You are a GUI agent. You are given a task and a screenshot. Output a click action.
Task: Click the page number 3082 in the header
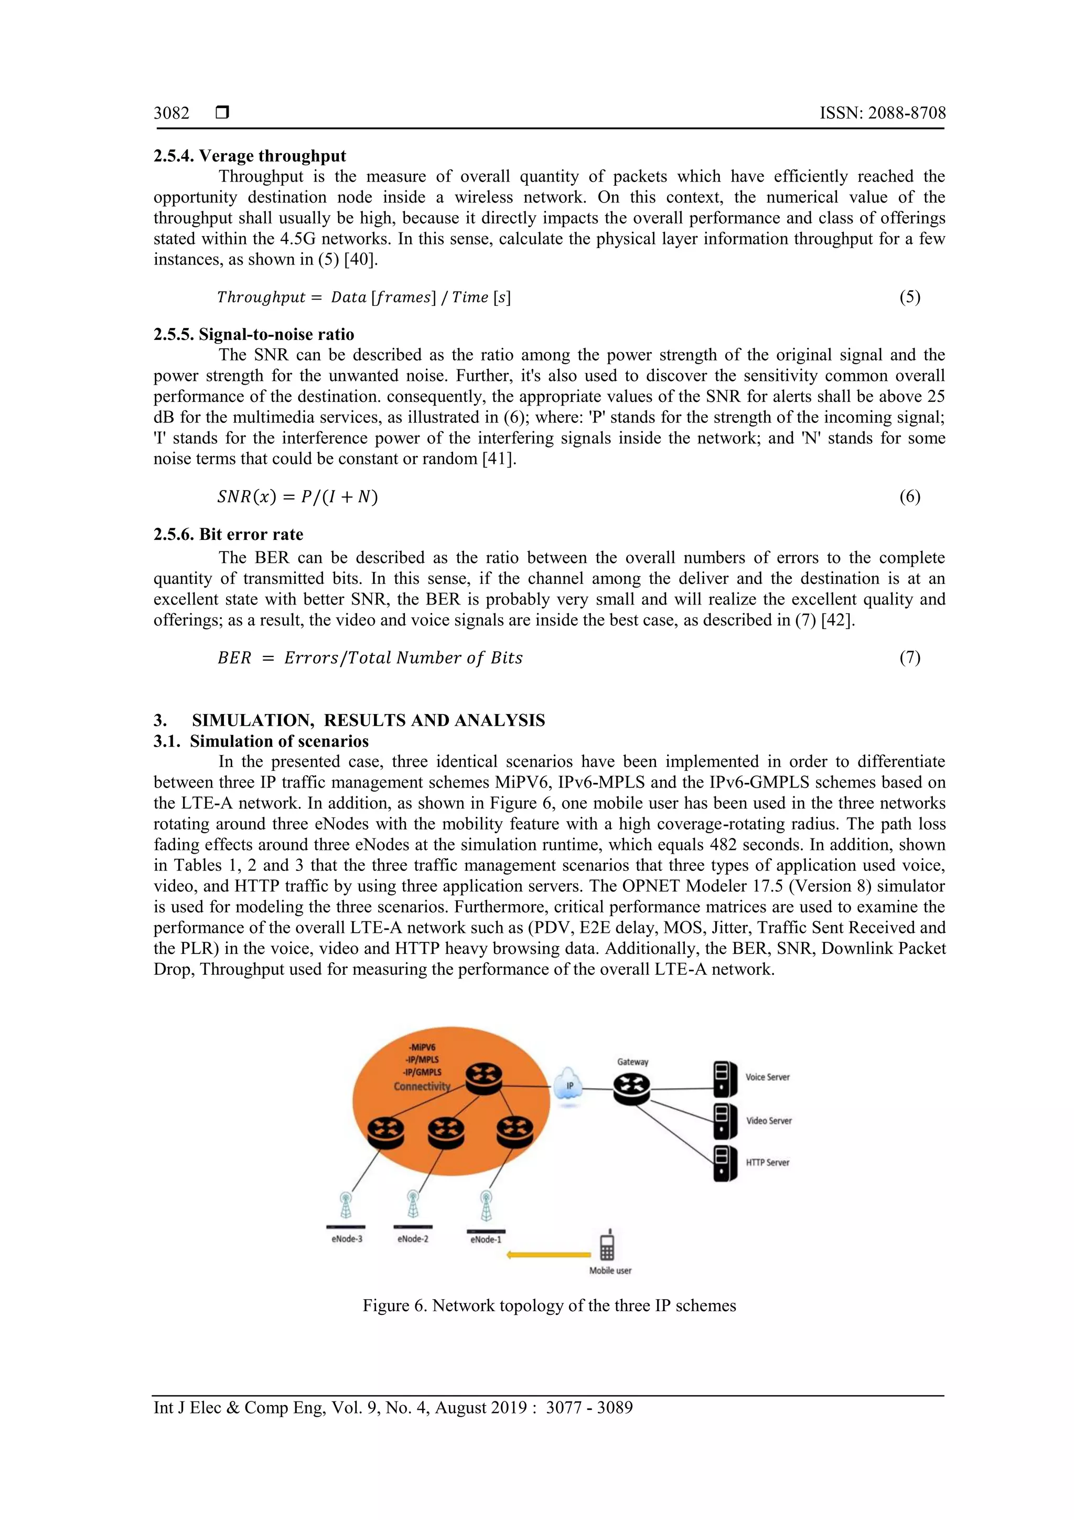point(171,113)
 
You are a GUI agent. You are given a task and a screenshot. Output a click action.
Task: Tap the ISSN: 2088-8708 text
point(882,113)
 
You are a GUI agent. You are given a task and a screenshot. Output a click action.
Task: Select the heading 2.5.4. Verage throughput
point(250,156)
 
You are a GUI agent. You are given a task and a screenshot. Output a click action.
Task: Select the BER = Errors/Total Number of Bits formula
point(370,657)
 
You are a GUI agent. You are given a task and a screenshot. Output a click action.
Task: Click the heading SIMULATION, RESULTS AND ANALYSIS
point(368,720)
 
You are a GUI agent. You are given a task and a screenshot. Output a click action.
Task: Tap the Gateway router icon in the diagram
point(631,1088)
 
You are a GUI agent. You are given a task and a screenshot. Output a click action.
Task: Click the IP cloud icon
point(568,1086)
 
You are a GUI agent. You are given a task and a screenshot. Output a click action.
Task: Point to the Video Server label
point(768,1121)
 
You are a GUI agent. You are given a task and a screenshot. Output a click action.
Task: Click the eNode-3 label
point(347,1239)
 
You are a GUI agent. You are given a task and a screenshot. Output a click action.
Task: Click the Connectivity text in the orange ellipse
point(422,1087)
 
